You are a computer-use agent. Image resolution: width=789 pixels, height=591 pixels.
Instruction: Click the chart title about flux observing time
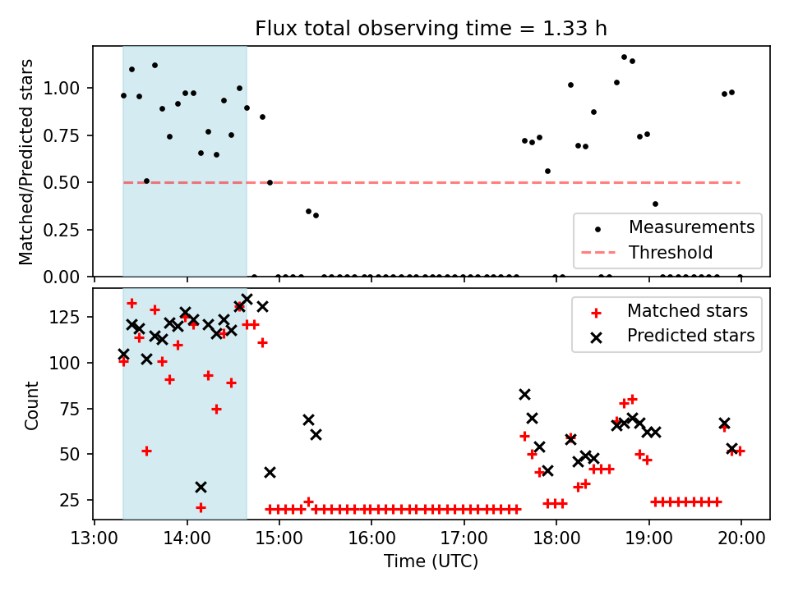point(431,29)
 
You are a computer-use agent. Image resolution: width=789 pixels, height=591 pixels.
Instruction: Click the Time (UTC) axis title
point(431,562)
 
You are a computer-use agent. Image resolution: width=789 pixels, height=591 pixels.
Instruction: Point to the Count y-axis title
point(31,405)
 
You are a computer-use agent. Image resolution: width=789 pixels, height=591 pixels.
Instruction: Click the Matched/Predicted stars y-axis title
point(26,162)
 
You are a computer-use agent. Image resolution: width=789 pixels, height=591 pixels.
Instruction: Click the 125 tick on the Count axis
point(72,317)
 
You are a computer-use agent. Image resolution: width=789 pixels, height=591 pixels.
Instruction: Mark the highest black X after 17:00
point(524,394)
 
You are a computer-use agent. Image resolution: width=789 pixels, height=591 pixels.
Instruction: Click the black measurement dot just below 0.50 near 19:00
point(655,204)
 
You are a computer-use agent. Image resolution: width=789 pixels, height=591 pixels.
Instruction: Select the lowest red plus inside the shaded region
point(201,507)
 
